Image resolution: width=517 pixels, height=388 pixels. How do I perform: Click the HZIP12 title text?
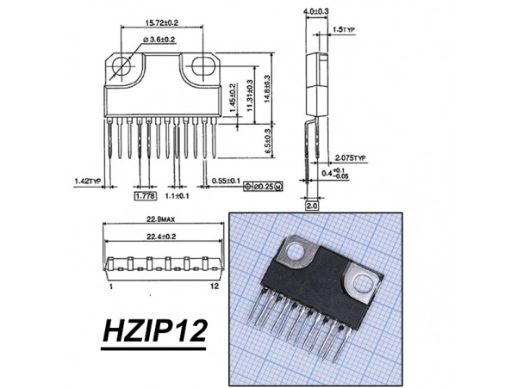pyautogui.click(x=156, y=331)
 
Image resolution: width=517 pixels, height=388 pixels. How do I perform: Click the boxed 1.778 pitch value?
pyautogui.click(x=145, y=197)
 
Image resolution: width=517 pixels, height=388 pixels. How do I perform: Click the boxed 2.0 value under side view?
pyautogui.click(x=312, y=206)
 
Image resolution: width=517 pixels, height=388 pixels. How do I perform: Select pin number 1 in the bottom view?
pyautogui.click(x=111, y=285)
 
